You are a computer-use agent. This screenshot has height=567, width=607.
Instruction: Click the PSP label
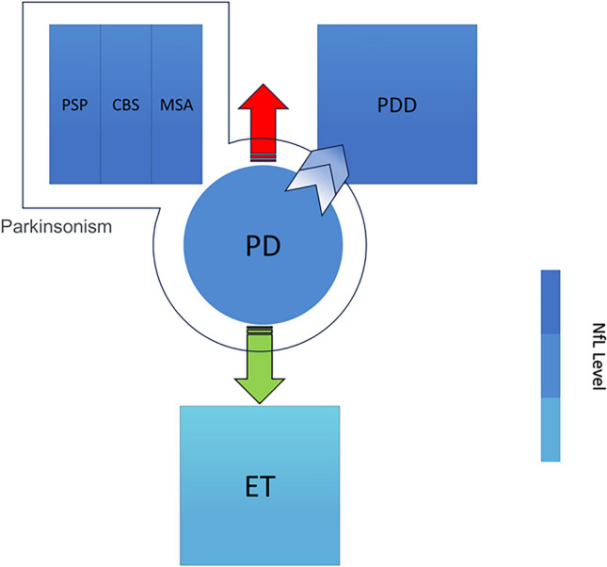[73, 104]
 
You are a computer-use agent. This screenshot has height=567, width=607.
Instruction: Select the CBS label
[125, 104]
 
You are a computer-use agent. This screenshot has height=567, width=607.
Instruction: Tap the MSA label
[177, 104]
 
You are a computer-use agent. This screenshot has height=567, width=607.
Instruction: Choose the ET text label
[259, 486]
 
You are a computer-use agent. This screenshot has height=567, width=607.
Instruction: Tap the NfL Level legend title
[594, 365]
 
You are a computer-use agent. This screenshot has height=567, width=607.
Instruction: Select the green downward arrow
[259, 367]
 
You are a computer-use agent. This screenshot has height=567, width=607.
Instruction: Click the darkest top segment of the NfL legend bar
[551, 301]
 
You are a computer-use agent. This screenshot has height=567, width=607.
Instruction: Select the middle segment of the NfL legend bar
[551, 365]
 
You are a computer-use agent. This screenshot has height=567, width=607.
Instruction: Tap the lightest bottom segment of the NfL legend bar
[551, 429]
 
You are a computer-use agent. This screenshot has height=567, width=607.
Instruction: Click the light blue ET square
[259, 443]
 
